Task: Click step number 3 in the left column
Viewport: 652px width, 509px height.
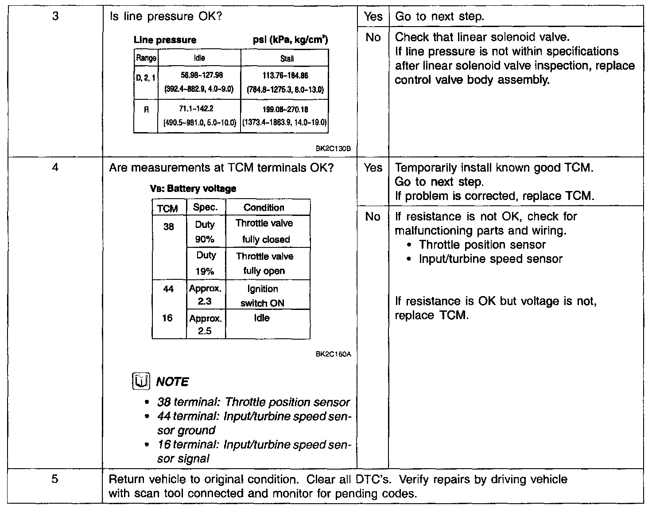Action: point(55,17)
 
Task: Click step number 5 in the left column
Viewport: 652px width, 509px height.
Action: point(55,479)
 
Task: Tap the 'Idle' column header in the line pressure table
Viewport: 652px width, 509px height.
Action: point(199,58)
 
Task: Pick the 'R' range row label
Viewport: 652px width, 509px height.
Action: point(146,109)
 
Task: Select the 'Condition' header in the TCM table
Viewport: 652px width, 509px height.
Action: point(264,208)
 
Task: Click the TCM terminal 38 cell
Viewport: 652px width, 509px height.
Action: point(169,227)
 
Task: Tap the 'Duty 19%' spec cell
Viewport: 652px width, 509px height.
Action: point(206,263)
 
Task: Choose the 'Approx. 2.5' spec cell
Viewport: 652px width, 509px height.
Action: point(205,324)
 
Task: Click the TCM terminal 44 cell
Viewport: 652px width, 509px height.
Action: point(168,289)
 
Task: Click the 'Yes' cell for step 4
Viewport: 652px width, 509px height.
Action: point(373,168)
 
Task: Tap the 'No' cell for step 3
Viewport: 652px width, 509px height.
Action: point(373,38)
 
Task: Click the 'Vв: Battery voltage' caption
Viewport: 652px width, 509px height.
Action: point(193,188)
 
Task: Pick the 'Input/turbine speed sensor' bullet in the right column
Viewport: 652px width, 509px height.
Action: point(490,259)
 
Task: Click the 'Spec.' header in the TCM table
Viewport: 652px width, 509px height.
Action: point(206,207)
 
